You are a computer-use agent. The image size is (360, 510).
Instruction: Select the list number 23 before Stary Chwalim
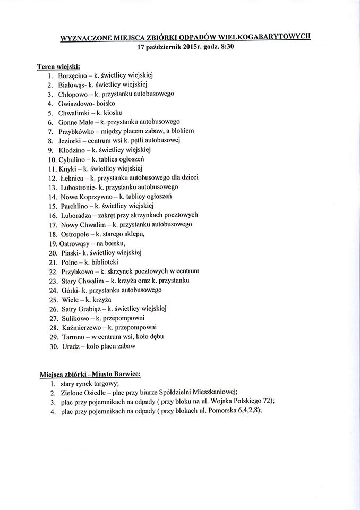click(53, 280)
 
